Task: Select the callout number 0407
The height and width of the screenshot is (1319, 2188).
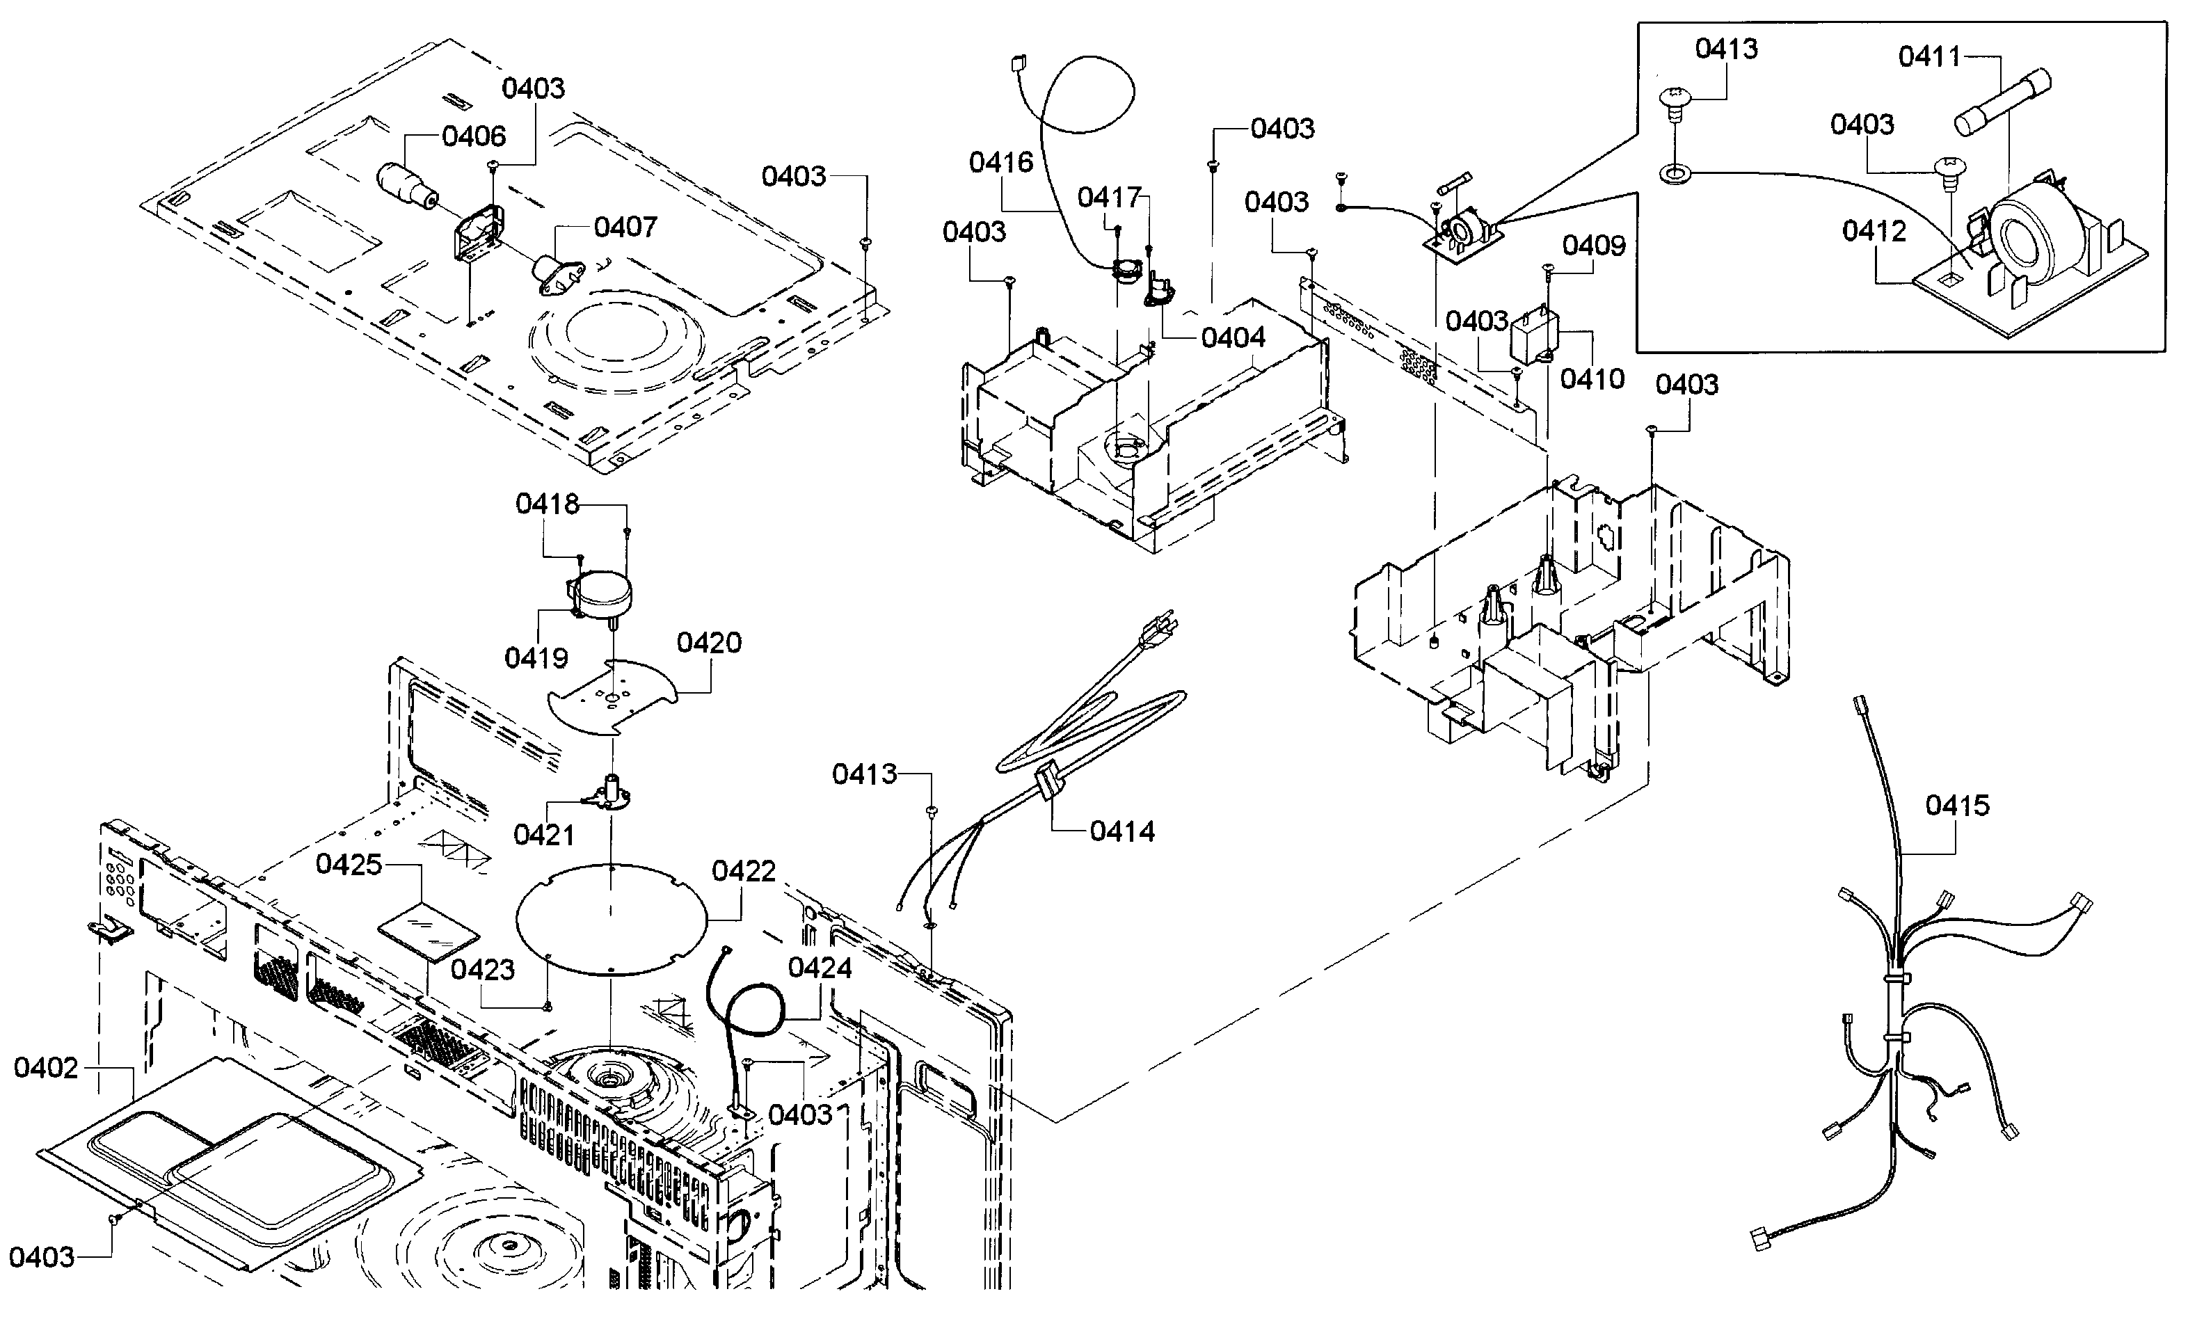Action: click(625, 227)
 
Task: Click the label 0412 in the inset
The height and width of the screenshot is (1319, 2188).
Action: click(1874, 231)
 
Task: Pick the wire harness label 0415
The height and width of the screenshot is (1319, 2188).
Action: click(1957, 806)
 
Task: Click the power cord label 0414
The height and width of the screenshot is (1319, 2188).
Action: click(1122, 831)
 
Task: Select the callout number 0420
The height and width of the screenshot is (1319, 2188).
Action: click(709, 642)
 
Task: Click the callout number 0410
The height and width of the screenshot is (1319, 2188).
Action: click(1592, 379)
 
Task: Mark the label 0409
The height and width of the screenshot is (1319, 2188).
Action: click(1594, 245)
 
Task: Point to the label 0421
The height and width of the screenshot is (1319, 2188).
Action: click(543, 835)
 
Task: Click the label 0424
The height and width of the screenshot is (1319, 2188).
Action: click(820, 968)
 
